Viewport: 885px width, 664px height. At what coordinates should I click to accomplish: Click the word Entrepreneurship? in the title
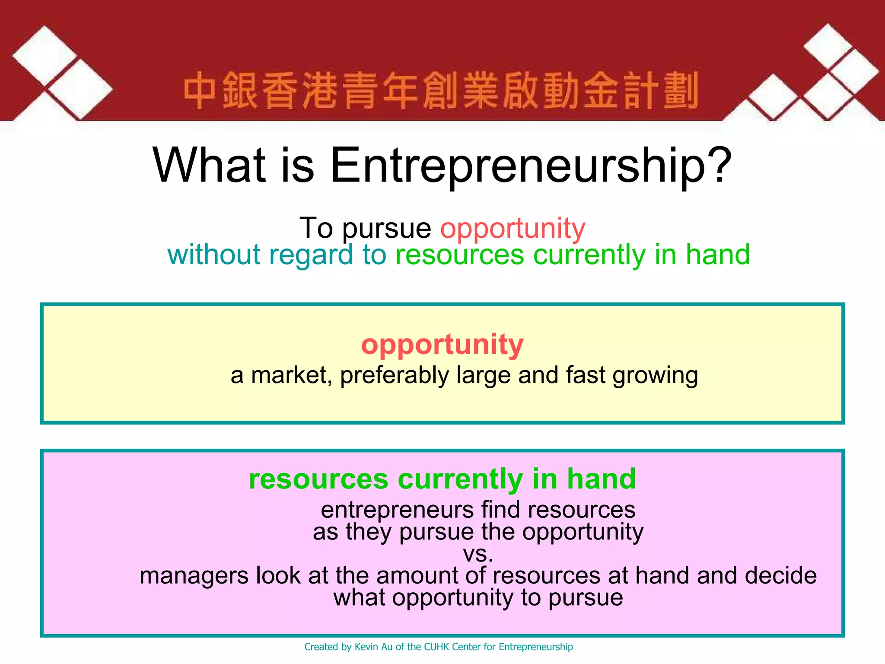531,166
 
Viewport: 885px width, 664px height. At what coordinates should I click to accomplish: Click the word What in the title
209,165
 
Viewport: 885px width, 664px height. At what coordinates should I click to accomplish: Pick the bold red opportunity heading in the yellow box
442,345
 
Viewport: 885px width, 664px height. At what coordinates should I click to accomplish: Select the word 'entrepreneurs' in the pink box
397,510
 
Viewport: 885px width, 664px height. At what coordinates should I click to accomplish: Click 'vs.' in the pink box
478,554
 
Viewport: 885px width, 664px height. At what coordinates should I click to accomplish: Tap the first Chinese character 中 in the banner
200,91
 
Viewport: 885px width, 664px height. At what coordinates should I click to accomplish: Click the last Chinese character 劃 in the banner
681,91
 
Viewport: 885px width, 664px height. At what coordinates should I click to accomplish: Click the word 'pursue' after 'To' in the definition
386,229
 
